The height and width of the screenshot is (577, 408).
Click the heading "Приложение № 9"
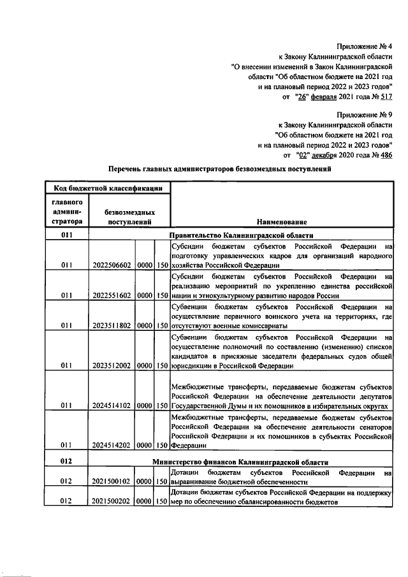point(364,114)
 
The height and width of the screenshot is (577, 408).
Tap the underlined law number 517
point(386,97)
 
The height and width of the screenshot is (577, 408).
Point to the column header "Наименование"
point(282,222)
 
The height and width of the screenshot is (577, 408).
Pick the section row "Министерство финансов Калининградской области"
point(241,461)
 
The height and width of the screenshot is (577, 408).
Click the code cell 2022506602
point(112,265)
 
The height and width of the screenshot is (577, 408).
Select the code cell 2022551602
point(112,295)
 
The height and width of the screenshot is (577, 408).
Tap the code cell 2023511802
point(112,325)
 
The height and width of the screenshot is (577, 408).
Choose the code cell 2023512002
point(112,366)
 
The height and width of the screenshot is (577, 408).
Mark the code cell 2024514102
point(112,405)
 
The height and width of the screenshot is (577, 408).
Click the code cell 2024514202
point(112,446)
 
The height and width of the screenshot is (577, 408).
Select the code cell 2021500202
point(112,501)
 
